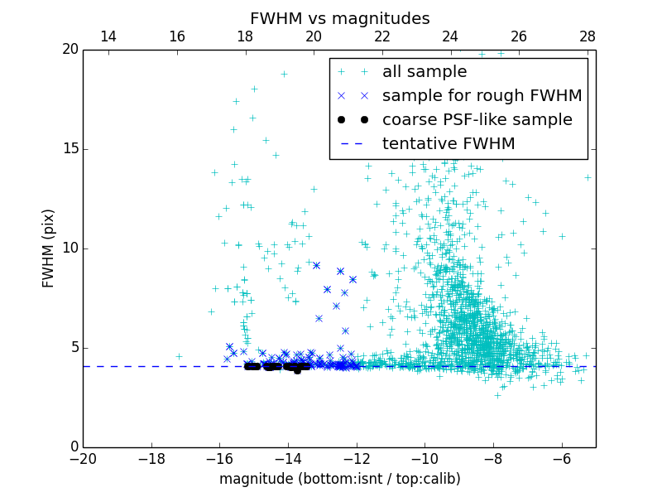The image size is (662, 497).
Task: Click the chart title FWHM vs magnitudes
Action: tap(339, 18)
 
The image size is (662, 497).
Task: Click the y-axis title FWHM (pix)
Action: tap(49, 248)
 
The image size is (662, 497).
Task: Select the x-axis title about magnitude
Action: tap(339, 479)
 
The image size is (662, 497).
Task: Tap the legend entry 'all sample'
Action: tap(424, 72)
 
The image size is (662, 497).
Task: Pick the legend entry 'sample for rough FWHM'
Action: tap(482, 96)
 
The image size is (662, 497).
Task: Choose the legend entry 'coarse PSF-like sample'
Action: tap(477, 120)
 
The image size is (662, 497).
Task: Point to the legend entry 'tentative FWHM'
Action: tap(448, 144)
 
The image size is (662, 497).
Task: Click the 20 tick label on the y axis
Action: tap(70, 50)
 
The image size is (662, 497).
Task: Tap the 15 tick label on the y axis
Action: tap(70, 149)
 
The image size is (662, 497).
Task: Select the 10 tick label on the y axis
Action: tap(70, 248)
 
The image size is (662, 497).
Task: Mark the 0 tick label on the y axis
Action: tap(73, 447)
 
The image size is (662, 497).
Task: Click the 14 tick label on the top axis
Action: tap(108, 36)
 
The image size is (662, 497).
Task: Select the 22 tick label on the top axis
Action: tap(382, 36)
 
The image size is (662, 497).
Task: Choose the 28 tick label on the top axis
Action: tap(588, 36)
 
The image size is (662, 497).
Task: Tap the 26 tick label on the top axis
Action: tap(519, 36)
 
